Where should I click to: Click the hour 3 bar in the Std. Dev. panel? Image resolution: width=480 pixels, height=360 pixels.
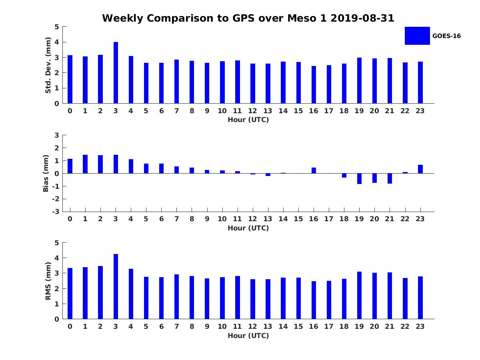(x=116, y=73)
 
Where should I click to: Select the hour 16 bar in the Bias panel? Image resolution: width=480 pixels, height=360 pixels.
(x=314, y=170)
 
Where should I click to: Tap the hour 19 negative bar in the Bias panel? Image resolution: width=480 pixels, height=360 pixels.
(x=359, y=178)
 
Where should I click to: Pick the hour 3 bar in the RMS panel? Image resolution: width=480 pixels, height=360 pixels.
(x=116, y=286)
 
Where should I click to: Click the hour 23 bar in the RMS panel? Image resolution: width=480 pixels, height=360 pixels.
(x=420, y=298)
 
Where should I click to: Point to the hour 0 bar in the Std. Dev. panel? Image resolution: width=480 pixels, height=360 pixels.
(x=70, y=79)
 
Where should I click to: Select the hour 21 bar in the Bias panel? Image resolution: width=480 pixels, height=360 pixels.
(x=390, y=178)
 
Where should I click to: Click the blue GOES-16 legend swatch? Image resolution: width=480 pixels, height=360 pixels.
(x=417, y=36)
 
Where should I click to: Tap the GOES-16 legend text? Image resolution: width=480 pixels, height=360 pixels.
(x=446, y=36)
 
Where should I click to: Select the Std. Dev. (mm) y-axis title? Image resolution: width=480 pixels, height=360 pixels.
(x=48, y=65)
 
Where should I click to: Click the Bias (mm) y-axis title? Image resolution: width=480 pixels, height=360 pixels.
(x=46, y=173)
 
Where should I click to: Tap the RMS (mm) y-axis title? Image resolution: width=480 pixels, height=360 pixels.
(x=48, y=281)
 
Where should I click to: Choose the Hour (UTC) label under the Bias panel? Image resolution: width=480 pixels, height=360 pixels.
(x=248, y=228)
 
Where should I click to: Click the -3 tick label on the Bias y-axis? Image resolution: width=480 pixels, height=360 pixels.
(x=56, y=212)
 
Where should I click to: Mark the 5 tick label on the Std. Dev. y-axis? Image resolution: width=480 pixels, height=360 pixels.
(x=57, y=27)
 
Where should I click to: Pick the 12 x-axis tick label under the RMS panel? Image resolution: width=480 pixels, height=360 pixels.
(x=252, y=326)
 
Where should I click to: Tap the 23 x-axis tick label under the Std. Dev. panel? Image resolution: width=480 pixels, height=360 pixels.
(x=420, y=111)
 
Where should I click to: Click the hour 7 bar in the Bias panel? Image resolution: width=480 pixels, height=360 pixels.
(x=176, y=170)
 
